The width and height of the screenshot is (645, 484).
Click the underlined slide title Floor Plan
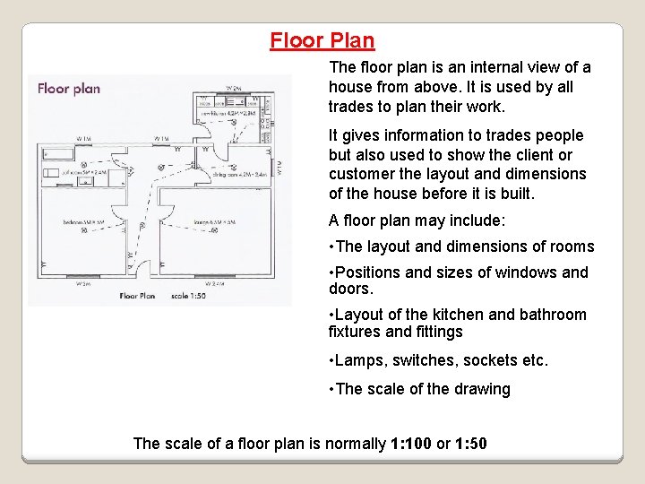322,40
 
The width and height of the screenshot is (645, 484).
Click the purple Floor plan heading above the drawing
68,88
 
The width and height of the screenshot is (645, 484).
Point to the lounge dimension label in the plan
215,221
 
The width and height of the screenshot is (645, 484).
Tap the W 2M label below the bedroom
83,283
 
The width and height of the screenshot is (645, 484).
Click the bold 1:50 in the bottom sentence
471,443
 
